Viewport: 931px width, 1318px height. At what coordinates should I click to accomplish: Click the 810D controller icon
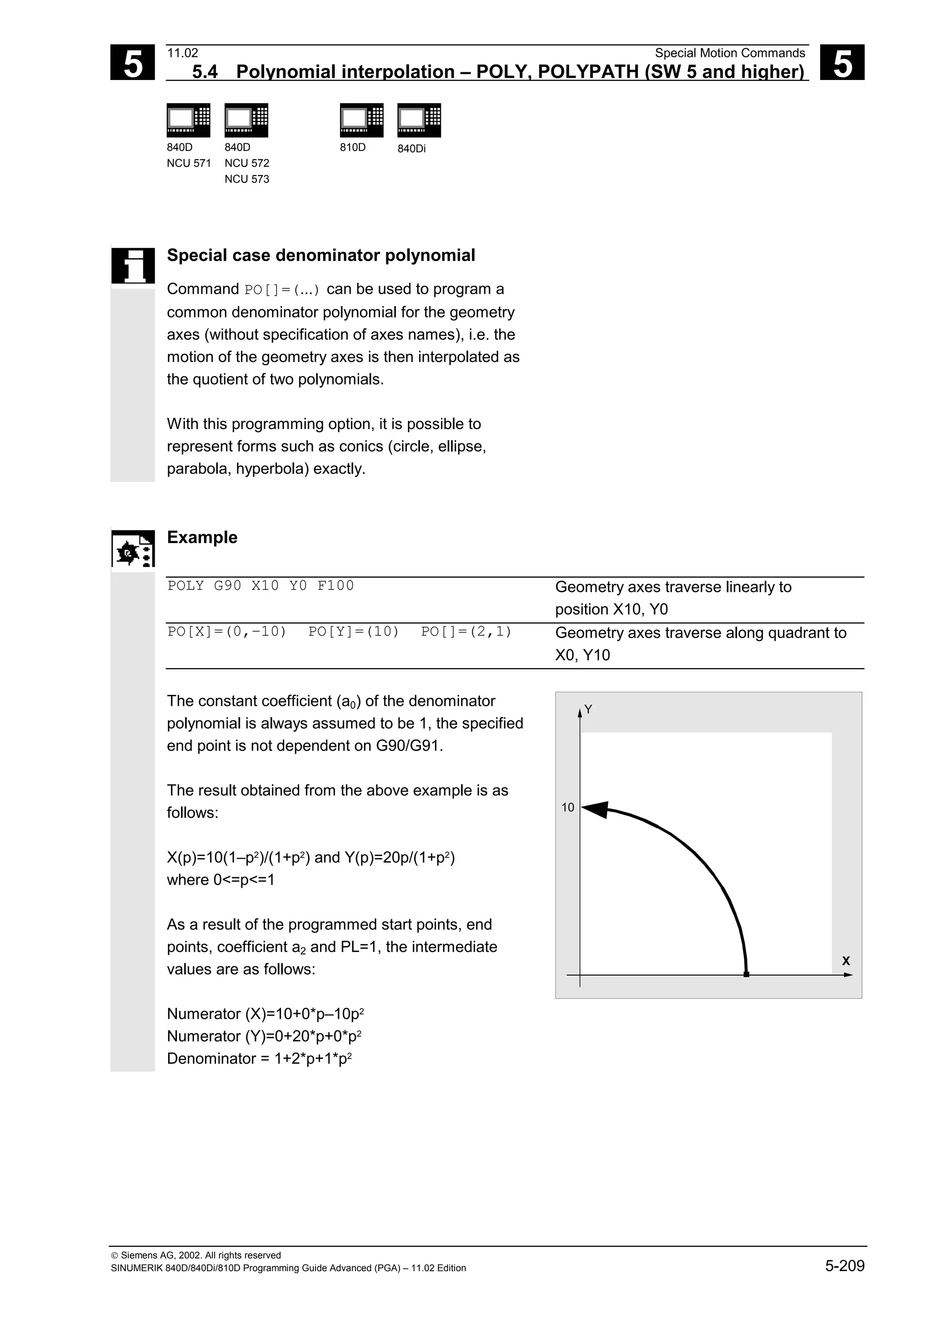click(x=361, y=120)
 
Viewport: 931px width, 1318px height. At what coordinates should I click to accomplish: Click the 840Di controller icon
click(x=419, y=120)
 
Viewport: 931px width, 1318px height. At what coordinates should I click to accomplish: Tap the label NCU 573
click(x=247, y=179)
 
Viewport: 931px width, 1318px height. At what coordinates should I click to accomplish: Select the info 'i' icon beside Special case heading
click(x=133, y=265)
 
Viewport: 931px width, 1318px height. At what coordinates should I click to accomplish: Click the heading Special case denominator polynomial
click(x=320, y=256)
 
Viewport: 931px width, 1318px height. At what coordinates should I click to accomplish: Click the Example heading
click(x=202, y=537)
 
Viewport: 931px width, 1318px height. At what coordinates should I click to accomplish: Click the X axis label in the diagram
click(x=846, y=961)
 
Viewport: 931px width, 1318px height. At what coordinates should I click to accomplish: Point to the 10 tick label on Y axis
click(x=567, y=808)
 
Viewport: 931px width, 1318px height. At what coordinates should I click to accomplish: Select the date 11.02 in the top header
click(x=182, y=53)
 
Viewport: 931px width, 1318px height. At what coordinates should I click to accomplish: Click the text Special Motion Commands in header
click(x=730, y=53)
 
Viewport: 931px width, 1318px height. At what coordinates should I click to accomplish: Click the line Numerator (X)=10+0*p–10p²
click(x=265, y=1014)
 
